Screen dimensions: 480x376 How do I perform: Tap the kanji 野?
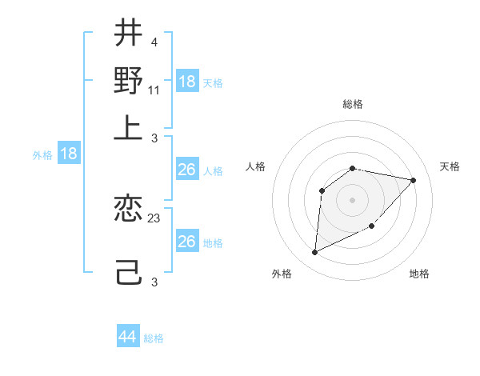click(x=128, y=80)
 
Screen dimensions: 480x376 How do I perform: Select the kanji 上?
click(x=128, y=127)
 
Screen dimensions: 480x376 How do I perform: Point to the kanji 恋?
click(x=128, y=210)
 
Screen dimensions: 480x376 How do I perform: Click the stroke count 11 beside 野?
click(x=154, y=90)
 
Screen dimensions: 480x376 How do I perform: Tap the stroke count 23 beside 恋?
click(x=154, y=218)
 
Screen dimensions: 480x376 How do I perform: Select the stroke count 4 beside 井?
click(x=154, y=42)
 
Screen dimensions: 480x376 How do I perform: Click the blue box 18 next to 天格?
click(x=186, y=81)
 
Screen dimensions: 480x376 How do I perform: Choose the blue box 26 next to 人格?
click(x=186, y=170)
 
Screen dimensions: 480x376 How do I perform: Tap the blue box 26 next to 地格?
click(x=186, y=242)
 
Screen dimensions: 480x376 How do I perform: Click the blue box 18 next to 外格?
click(x=69, y=154)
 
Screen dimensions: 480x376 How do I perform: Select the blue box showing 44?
click(x=127, y=337)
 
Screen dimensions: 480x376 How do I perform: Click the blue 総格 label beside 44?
click(x=154, y=338)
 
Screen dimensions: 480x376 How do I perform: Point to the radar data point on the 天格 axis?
click(x=413, y=180)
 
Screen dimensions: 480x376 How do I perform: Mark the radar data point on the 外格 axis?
click(x=314, y=253)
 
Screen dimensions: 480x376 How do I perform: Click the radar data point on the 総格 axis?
click(x=353, y=168)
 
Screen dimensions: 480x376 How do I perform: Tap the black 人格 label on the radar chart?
click(x=256, y=166)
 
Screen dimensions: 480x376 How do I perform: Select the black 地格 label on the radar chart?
click(x=419, y=274)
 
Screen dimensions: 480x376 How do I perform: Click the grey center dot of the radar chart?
click(x=353, y=199)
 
